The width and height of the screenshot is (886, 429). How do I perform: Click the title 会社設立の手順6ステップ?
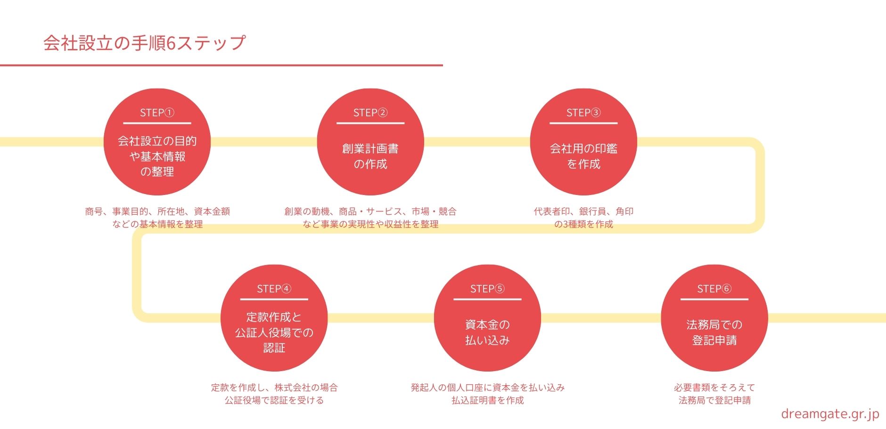click(x=144, y=43)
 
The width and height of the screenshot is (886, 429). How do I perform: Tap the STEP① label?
click(x=157, y=113)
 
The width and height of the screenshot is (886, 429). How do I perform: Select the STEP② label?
click(x=370, y=113)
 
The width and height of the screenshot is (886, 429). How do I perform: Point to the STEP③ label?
click(x=583, y=113)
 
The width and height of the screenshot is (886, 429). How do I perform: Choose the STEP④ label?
click(x=274, y=289)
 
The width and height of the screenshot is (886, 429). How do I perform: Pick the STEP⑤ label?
click(x=487, y=289)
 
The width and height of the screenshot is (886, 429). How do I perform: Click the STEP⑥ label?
click(x=714, y=289)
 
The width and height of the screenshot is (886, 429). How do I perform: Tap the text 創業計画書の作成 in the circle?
click(x=370, y=156)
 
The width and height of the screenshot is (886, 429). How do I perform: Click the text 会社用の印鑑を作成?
click(x=583, y=156)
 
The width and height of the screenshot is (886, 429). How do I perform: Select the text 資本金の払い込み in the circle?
click(x=487, y=332)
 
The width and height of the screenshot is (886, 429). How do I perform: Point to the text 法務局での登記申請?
click(x=714, y=332)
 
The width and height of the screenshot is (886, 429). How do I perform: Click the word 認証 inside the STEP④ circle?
click(x=274, y=348)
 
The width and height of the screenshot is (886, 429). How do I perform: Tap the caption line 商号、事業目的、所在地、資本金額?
click(x=157, y=211)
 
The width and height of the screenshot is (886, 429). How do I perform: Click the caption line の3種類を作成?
click(x=583, y=224)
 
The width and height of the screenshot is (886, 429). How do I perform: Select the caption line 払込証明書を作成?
click(x=487, y=400)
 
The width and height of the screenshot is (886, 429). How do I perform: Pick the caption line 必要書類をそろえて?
click(x=714, y=388)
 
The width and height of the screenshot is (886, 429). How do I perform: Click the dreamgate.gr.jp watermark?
click(x=830, y=414)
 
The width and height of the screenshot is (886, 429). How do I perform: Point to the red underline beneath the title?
click(x=221, y=65)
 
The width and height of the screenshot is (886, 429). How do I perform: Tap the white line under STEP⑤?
click(x=487, y=299)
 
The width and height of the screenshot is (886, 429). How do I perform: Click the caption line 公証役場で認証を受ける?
click(x=274, y=400)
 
